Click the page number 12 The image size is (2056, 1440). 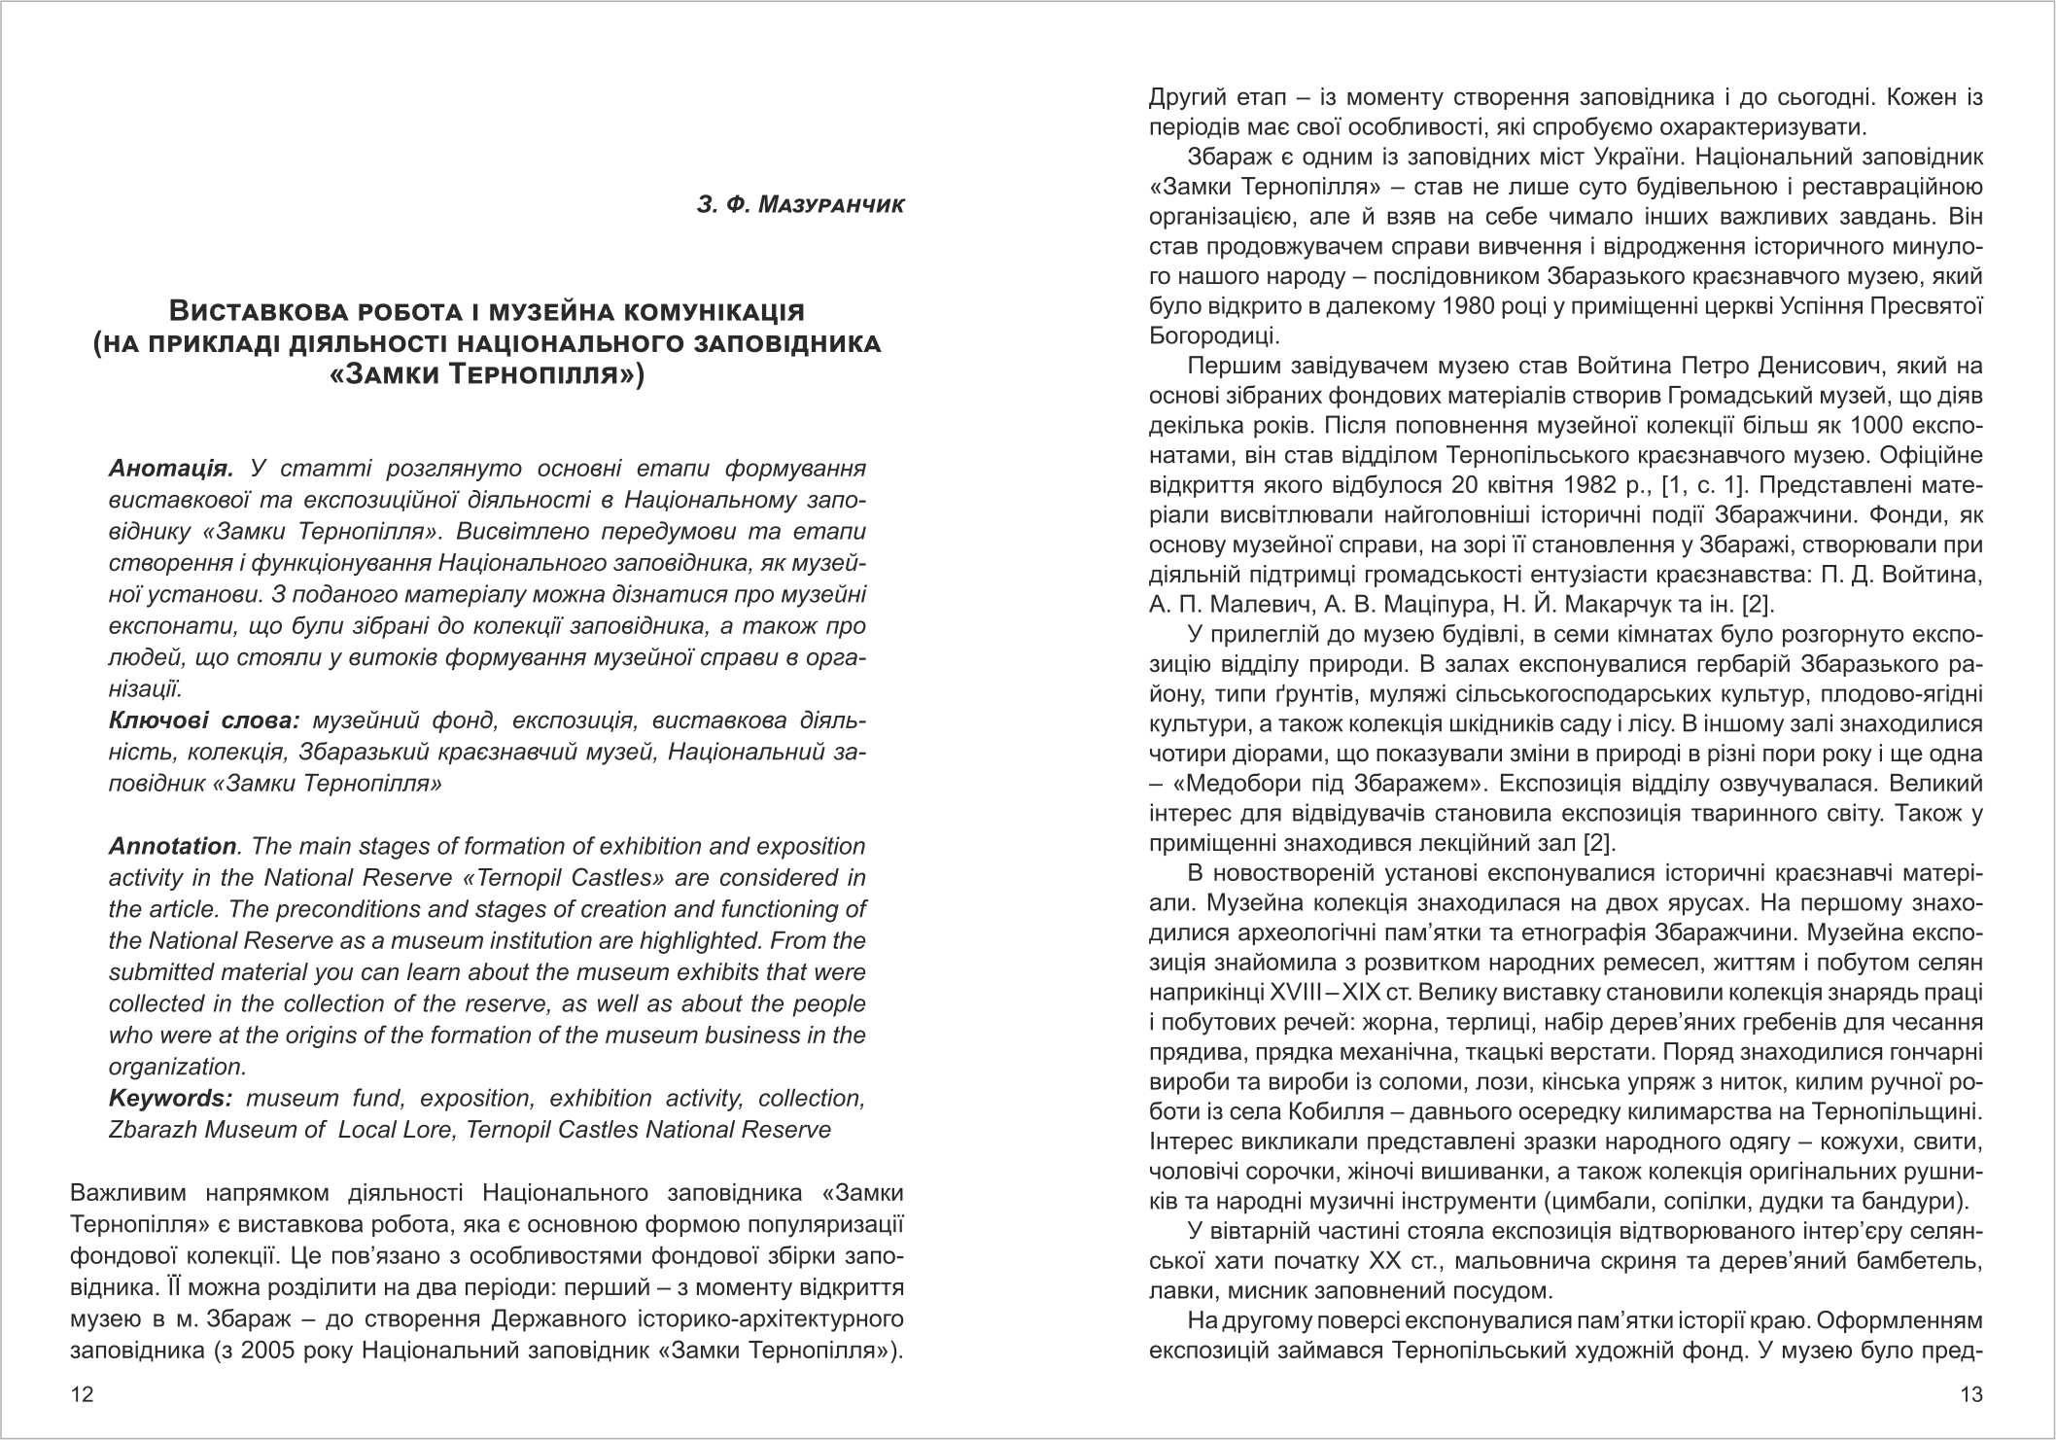point(83,1394)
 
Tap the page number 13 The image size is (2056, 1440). point(1970,1394)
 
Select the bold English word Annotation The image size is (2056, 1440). point(172,846)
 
